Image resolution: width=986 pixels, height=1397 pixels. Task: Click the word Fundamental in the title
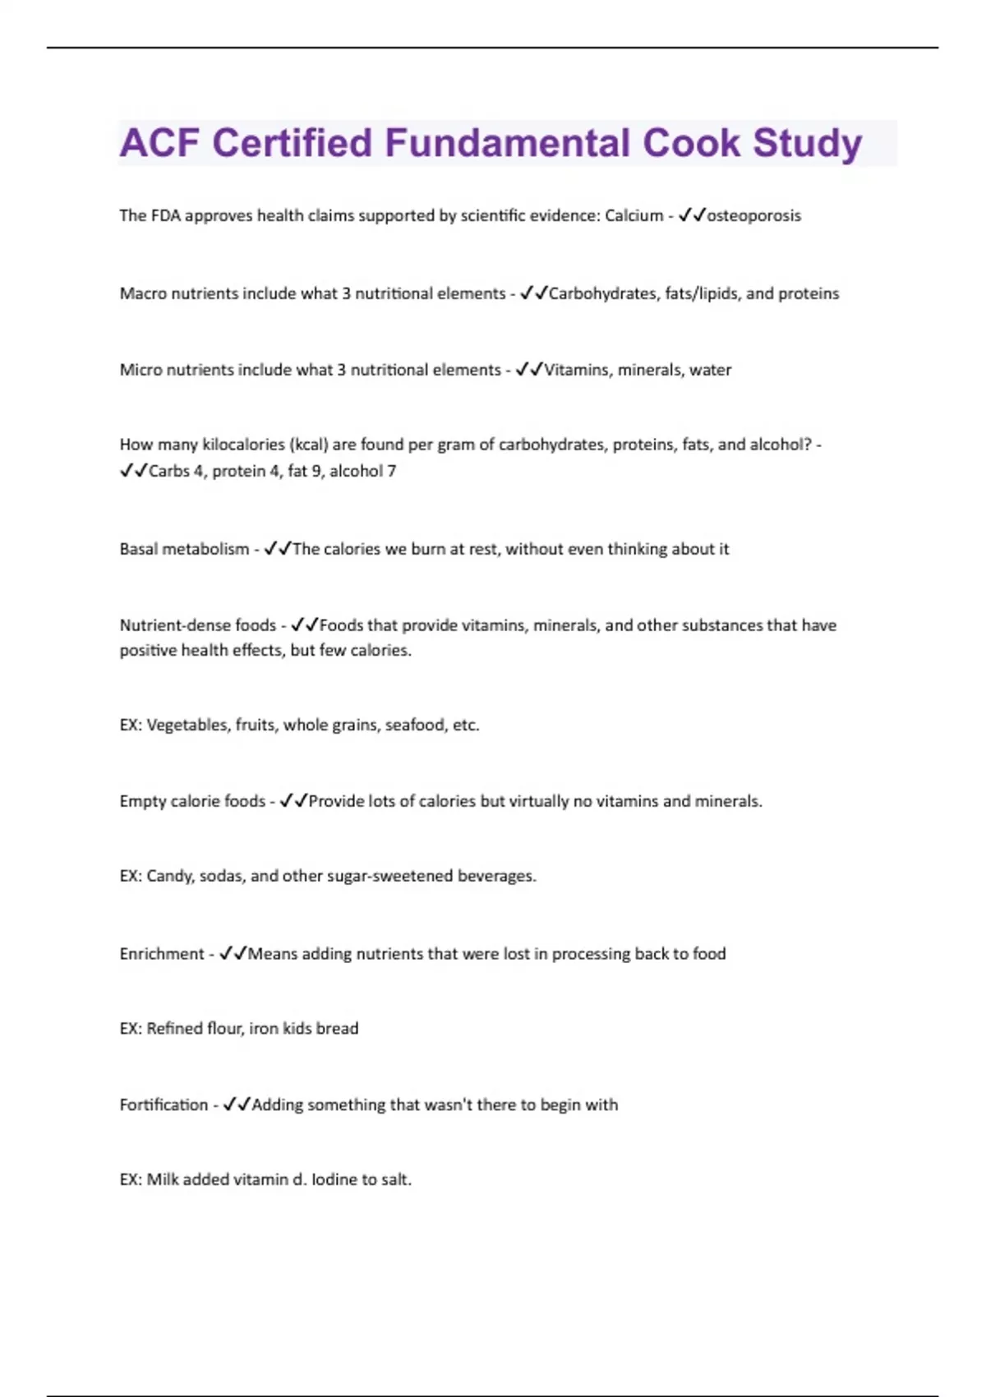[508, 143]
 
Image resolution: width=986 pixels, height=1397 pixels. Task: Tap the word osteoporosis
[753, 216]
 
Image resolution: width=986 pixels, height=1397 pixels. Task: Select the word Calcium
[634, 216]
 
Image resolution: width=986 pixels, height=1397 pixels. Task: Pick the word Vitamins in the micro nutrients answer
[577, 371]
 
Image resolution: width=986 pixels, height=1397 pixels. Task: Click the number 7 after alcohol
[392, 472]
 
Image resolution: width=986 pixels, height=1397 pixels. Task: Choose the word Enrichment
[162, 954]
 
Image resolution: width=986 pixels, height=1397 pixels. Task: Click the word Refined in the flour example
[173, 1029]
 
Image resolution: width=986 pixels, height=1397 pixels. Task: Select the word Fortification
[164, 1105]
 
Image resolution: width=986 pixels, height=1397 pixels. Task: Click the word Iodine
[334, 1180]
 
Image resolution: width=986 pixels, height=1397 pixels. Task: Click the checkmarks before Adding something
[236, 1105]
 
